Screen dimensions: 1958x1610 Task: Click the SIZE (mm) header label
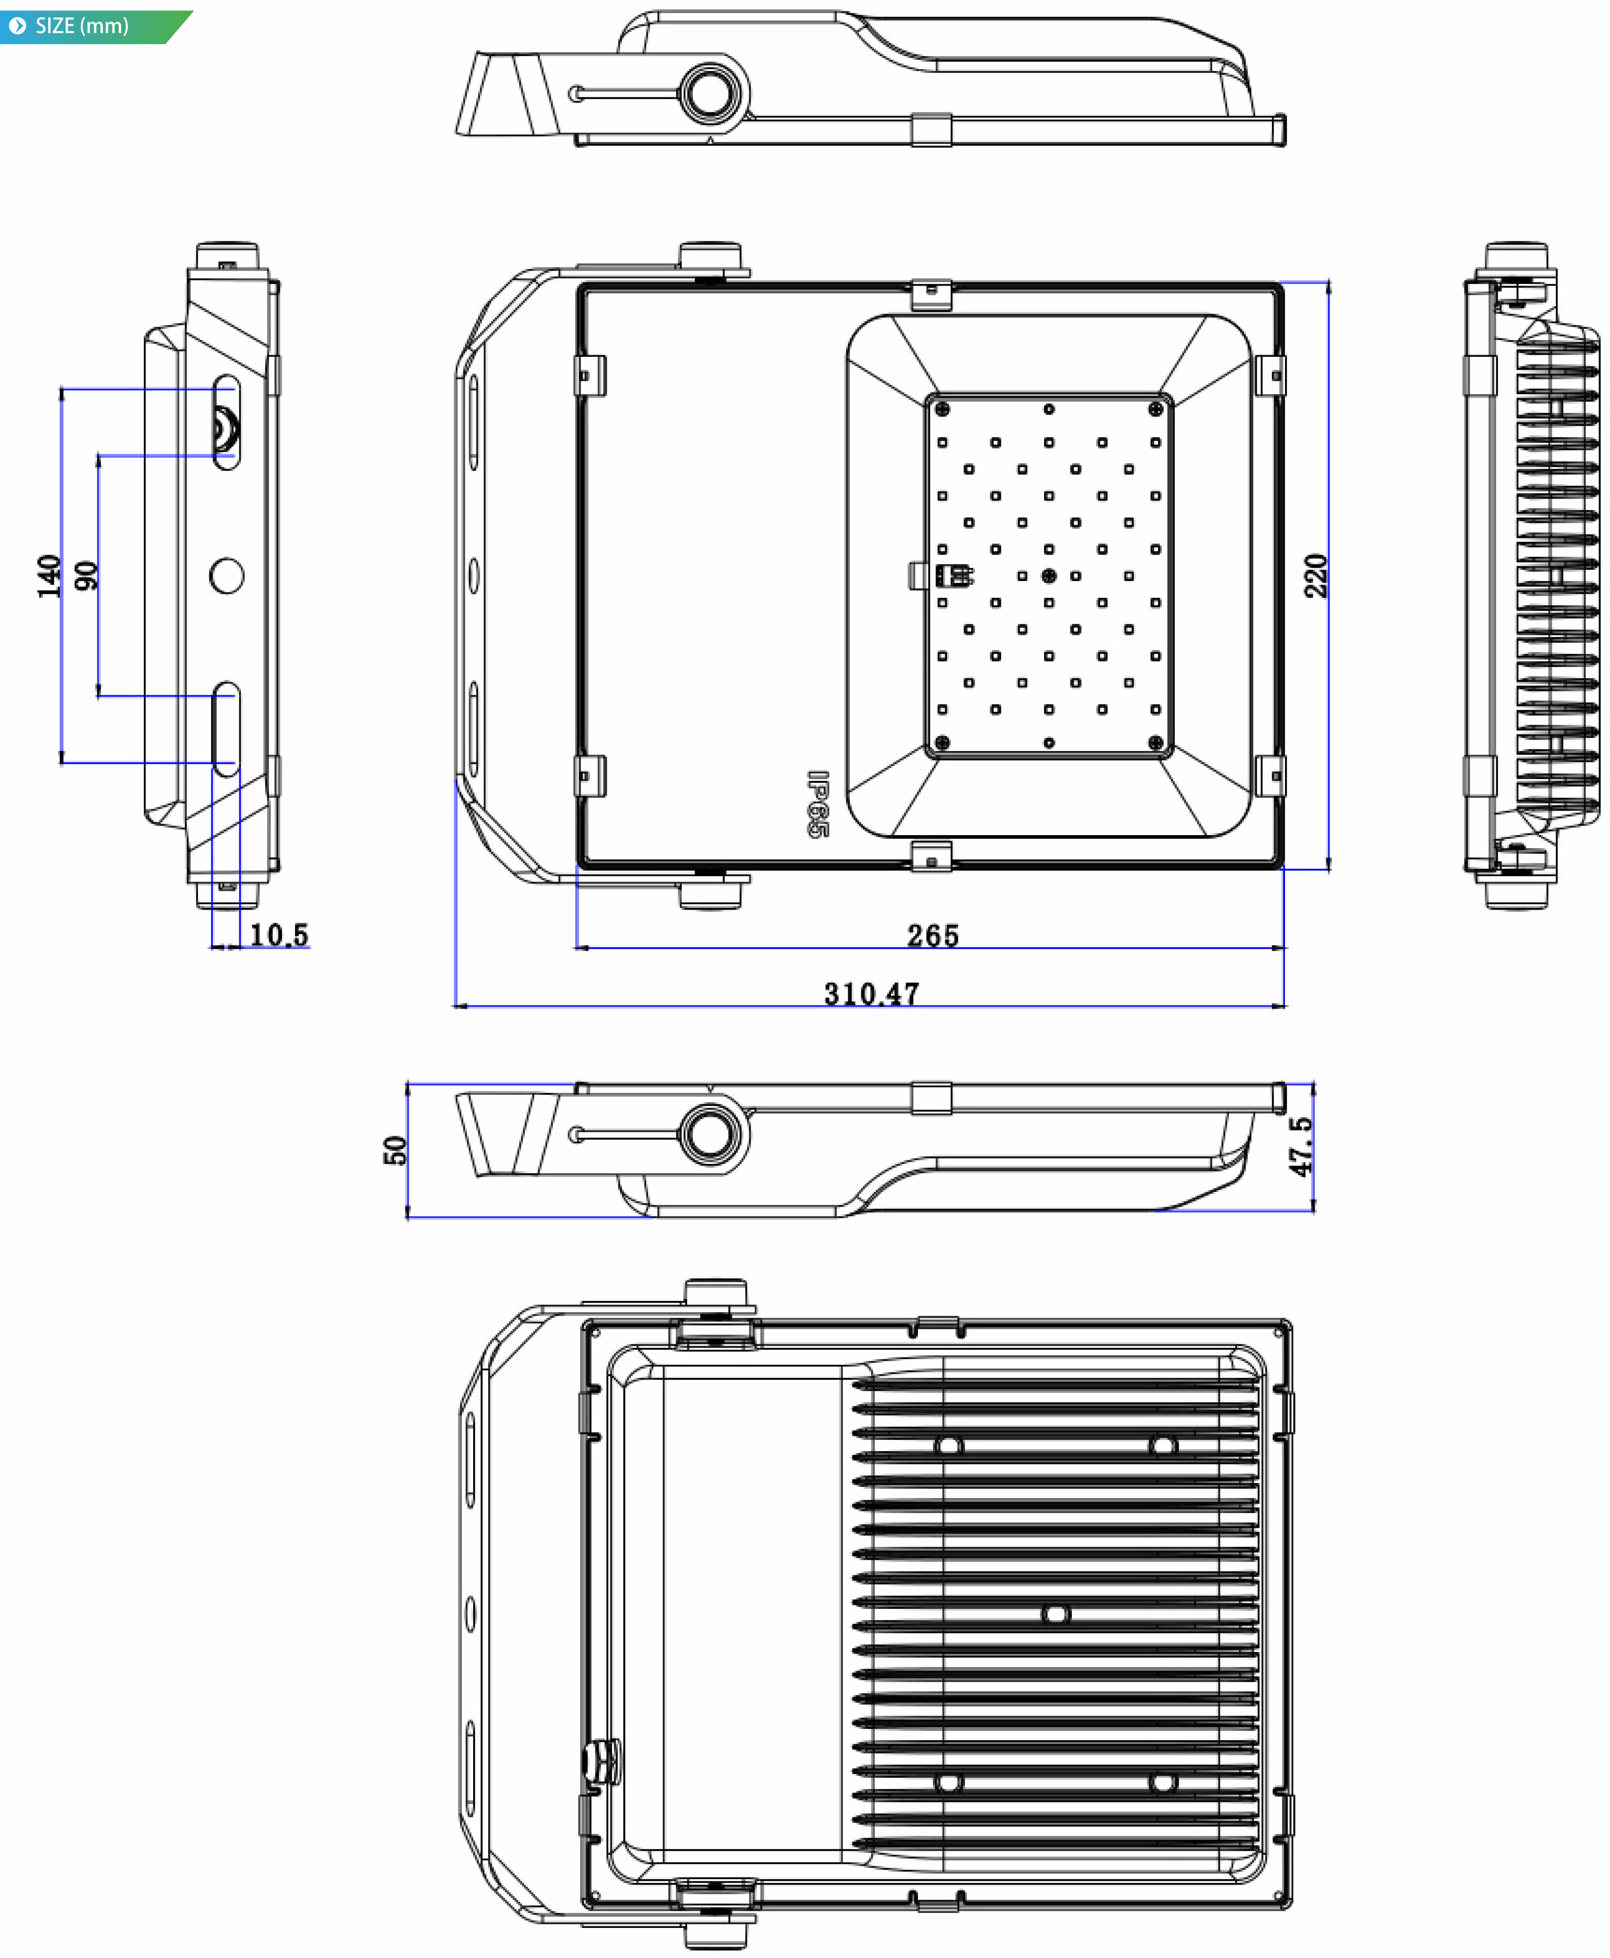[x=82, y=26]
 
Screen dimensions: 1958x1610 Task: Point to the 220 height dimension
[x=1315, y=576]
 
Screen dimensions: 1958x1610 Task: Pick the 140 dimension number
[x=49, y=576]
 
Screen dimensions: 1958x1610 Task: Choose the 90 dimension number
[x=86, y=576]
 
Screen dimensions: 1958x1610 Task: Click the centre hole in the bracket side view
[x=226, y=576]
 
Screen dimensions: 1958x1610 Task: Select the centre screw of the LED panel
[x=1049, y=576]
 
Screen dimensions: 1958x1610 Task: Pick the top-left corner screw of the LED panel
[x=942, y=409]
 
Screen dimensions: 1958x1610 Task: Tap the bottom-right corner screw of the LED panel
[x=1156, y=742]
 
